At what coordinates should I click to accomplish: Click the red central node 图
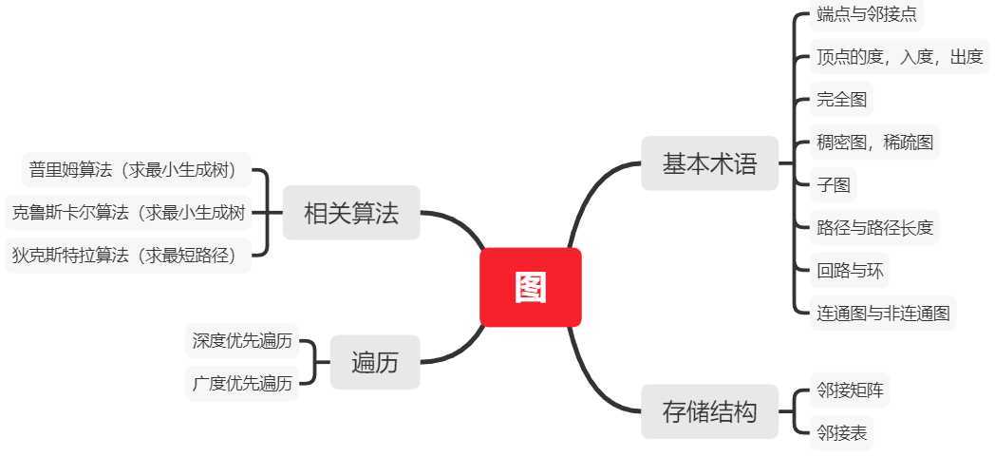pyautogui.click(x=530, y=287)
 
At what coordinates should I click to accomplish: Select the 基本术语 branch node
pyautogui.click(x=709, y=163)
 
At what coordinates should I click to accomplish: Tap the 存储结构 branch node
pyautogui.click(x=709, y=412)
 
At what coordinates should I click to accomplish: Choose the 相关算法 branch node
pyautogui.click(x=350, y=213)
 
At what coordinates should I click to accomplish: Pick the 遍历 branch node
pyautogui.click(x=374, y=362)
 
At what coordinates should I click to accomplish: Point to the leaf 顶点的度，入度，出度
pyautogui.click(x=898, y=57)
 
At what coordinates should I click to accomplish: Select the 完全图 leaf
pyautogui.click(x=841, y=99)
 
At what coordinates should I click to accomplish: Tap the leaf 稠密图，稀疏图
pyautogui.click(x=874, y=143)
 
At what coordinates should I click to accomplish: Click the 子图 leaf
pyautogui.click(x=833, y=184)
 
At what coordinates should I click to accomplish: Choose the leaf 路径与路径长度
pyautogui.click(x=874, y=227)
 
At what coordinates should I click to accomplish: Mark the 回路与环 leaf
pyautogui.click(x=849, y=271)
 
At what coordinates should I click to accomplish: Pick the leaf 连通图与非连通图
pyautogui.click(x=882, y=313)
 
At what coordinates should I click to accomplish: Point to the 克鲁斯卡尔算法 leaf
pyautogui.click(x=128, y=213)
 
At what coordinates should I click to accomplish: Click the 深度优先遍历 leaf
pyautogui.click(x=241, y=340)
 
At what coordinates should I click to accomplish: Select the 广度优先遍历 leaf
pyautogui.click(x=241, y=384)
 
